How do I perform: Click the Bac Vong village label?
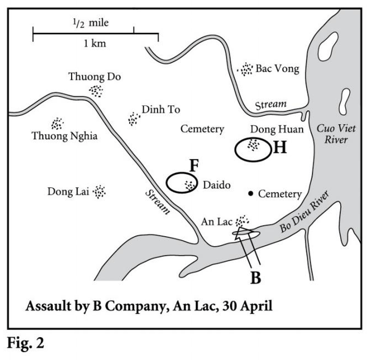tap(277, 69)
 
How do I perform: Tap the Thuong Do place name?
tap(95, 77)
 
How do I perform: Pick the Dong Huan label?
tap(270, 129)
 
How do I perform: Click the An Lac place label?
tap(216, 221)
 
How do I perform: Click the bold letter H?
tap(279, 148)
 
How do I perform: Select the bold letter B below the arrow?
tap(255, 277)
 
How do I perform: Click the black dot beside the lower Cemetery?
tap(251, 193)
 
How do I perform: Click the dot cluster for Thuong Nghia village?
tap(58, 123)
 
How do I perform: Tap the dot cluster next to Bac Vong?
tap(245, 69)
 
